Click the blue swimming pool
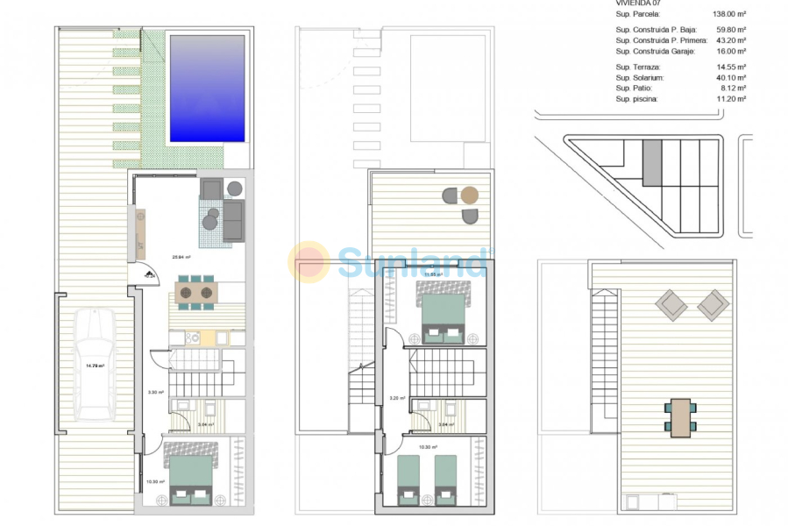(207, 89)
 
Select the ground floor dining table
(195, 293)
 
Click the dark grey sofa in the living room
(234, 220)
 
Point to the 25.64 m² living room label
(182, 258)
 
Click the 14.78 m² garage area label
(95, 366)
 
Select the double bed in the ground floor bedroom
(190, 480)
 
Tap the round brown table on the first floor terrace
(470, 195)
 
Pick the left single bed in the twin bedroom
(408, 480)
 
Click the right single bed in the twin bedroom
(446, 480)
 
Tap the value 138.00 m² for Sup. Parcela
(728, 14)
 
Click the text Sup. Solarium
(640, 78)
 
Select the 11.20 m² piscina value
(729, 99)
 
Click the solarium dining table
(681, 417)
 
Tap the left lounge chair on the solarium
(671, 305)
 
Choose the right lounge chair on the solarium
(713, 305)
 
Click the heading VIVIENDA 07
(641, 4)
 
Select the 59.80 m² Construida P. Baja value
(729, 31)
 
